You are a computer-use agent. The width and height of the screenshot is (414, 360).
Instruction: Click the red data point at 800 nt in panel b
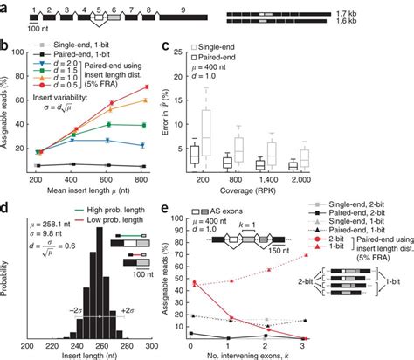[144, 87]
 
